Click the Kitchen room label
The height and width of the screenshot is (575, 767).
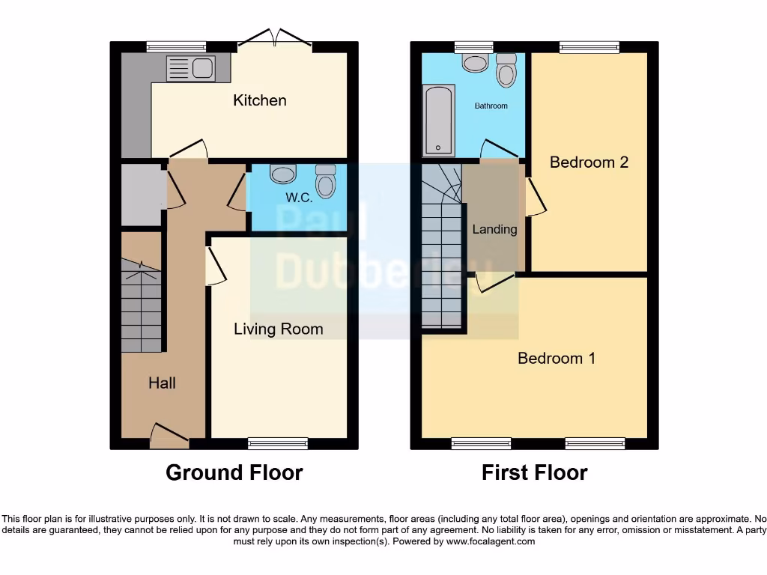coord(259,100)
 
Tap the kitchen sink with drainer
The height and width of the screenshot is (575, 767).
coord(190,69)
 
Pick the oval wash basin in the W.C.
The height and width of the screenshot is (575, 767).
coord(283,174)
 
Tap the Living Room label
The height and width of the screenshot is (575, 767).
coord(278,329)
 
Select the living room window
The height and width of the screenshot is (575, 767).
coord(278,443)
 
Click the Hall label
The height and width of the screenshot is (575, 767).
coord(162,383)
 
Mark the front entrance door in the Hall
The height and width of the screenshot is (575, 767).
coord(169,437)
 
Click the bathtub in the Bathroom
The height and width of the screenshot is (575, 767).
coord(439,120)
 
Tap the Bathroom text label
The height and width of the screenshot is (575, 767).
coord(491,106)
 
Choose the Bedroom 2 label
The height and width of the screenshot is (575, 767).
coord(589,162)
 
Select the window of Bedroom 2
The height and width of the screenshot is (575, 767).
coord(589,47)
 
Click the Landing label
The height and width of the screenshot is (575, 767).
coord(494,229)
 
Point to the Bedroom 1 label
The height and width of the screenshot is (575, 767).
coord(557,358)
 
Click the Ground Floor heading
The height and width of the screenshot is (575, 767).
coord(234,472)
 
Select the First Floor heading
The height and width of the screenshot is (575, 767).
coord(534,472)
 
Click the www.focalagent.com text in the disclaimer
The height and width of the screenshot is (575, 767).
coord(491,541)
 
